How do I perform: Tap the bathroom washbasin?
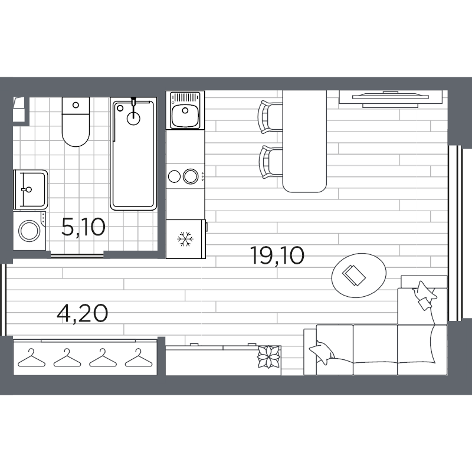point(29,189)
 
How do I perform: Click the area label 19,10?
point(277,255)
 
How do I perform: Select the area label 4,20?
point(82,313)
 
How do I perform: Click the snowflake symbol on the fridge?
point(186,240)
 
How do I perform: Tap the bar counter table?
point(304,142)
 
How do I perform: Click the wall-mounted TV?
point(391,98)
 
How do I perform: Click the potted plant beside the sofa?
point(270,356)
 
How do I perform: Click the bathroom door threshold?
point(77,255)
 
